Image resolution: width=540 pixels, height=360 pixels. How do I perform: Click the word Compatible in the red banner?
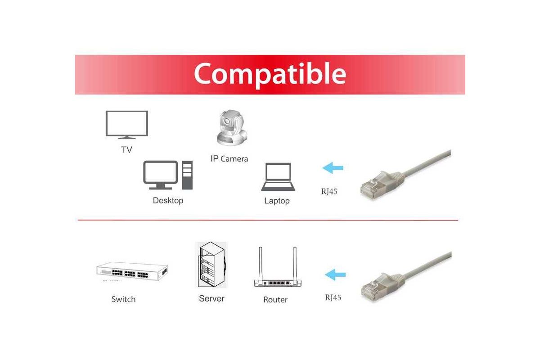click(270, 74)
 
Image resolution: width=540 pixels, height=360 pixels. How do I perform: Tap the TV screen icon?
click(127, 125)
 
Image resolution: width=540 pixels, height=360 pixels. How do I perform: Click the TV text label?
click(126, 150)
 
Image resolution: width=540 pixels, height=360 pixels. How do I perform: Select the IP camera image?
click(232, 128)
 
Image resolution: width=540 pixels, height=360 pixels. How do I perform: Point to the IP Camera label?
click(229, 159)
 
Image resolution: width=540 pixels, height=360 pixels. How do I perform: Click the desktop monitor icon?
click(161, 175)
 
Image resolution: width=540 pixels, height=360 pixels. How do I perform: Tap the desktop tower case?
click(187, 175)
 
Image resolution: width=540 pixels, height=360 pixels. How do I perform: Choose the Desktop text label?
click(168, 201)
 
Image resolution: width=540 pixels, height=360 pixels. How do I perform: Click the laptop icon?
click(278, 177)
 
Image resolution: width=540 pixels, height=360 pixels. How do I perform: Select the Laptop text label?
click(277, 201)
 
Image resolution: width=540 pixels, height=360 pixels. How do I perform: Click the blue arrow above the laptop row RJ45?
click(333, 168)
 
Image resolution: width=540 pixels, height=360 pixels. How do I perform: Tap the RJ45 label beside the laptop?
click(329, 191)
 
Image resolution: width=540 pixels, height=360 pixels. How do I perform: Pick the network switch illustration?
click(132, 271)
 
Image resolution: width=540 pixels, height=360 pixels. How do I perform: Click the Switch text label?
click(123, 299)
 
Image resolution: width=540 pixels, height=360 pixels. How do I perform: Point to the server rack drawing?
click(211, 265)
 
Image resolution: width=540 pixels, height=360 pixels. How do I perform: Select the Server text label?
click(211, 298)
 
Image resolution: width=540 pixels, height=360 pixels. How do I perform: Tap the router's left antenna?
click(261, 263)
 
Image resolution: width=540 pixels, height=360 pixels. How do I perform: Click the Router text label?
click(275, 300)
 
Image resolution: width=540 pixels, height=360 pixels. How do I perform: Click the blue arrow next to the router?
click(335, 274)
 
